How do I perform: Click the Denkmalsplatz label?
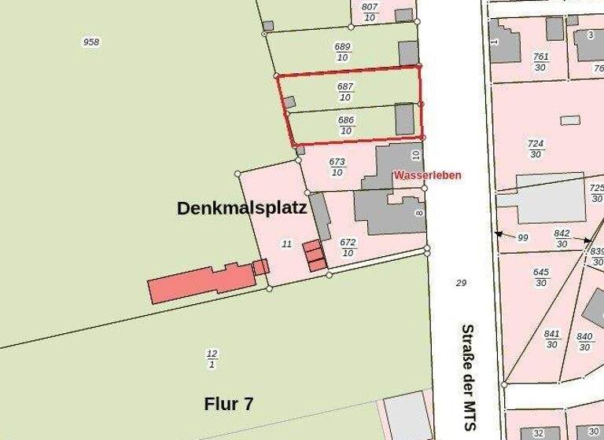point(241,208)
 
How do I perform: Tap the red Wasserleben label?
point(427,175)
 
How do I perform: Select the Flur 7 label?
point(229,404)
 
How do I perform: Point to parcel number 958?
point(91,42)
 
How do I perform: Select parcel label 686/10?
point(346,125)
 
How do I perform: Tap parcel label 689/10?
point(342,52)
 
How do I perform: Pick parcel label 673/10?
point(337,167)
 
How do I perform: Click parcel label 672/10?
point(348,247)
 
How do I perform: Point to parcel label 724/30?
point(536,148)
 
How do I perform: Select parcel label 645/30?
point(541,277)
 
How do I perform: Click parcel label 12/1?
point(212,358)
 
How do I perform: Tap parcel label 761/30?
point(541,61)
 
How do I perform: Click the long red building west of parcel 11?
point(201,281)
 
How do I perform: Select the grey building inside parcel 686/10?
point(404,119)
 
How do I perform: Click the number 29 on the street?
point(462,282)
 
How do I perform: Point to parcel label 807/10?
point(370,11)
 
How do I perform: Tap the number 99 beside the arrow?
point(522,237)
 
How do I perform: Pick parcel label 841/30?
point(552,338)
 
